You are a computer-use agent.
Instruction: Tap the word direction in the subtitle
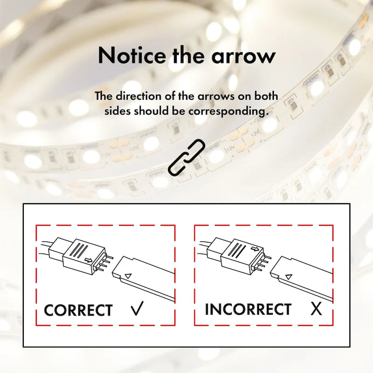138,96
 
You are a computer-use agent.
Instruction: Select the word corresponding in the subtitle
228,111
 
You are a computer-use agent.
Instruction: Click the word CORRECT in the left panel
78,310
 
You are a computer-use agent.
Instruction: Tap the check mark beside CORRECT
137,308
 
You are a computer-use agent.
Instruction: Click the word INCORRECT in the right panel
248,309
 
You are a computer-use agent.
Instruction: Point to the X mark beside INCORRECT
316,309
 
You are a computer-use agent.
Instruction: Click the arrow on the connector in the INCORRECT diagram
255,249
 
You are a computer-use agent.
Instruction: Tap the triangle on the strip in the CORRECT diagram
128,276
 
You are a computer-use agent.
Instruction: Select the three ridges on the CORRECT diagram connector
79,250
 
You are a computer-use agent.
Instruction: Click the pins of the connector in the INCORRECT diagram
263,263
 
